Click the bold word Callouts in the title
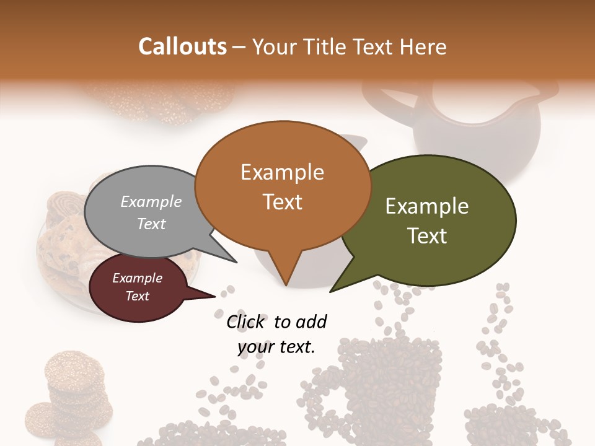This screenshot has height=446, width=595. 182,46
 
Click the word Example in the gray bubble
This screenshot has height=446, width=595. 151,201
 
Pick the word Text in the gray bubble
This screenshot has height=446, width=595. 151,224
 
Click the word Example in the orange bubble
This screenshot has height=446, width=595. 282,172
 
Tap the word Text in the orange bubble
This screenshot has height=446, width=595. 283,202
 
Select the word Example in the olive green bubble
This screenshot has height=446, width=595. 427,206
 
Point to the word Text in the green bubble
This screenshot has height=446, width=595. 427,236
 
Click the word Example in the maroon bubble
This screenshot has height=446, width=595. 137,278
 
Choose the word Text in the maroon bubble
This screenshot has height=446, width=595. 137,296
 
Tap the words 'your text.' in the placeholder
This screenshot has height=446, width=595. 276,347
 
